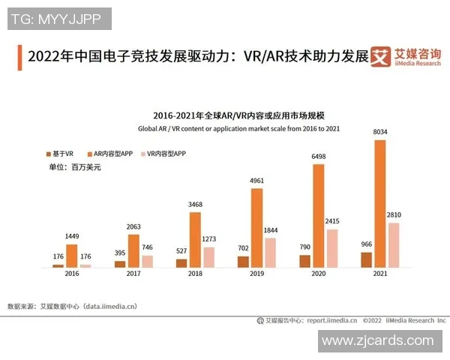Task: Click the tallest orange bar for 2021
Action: click(380, 203)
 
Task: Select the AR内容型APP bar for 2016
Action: click(72, 256)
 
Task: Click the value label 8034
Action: click(380, 133)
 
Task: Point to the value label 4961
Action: click(256, 181)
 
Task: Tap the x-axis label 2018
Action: click(195, 275)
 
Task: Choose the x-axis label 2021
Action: click(380, 275)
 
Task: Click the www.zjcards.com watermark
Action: click(377, 341)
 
